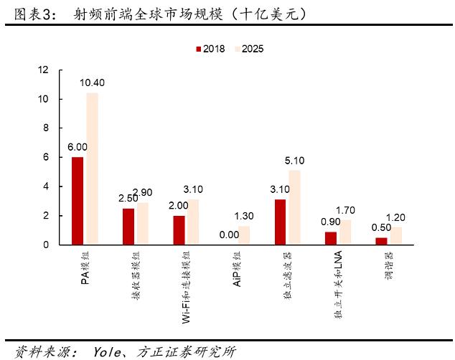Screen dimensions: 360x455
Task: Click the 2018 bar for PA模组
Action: click(78, 201)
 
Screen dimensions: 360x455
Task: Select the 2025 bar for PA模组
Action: click(92, 169)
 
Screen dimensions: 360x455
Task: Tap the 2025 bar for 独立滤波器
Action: click(294, 207)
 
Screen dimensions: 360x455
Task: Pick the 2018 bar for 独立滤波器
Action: click(280, 222)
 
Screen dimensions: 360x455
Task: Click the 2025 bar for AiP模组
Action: click(244, 235)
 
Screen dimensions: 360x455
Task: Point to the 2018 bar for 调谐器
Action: click(381, 241)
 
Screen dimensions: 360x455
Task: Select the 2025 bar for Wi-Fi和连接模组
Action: click(193, 222)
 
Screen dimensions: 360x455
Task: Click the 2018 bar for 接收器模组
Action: click(128, 227)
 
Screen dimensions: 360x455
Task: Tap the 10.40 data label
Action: click(92, 83)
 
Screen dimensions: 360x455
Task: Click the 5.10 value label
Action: click(295, 161)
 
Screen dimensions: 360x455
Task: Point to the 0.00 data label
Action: click(229, 235)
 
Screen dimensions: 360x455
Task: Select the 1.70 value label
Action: click(346, 211)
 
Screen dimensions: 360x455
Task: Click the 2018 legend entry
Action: click(210, 49)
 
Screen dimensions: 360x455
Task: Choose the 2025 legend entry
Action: click(248, 49)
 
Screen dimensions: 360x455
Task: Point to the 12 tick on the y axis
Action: click(44, 70)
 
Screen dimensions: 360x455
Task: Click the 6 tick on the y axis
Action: click(46, 157)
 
